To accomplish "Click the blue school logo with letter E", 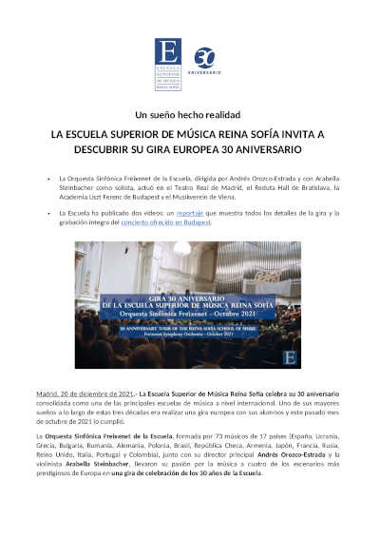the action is (x=168, y=64).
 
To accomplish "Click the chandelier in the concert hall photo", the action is (x=181, y=249).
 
